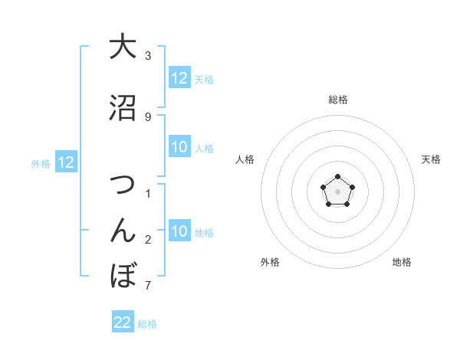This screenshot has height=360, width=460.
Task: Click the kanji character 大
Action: point(123,47)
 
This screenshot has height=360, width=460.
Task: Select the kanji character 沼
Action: point(123,108)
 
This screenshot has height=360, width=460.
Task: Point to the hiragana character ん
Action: point(123,230)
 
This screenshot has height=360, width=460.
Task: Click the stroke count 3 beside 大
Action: point(148,56)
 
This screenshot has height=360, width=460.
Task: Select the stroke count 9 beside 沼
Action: point(148,116)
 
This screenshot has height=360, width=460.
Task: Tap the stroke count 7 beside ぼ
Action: point(148,286)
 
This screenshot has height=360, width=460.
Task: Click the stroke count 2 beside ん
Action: point(148,240)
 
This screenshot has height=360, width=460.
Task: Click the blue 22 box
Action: point(123,322)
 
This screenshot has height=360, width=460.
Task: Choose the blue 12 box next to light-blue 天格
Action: point(179,78)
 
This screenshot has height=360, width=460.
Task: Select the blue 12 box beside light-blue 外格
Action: point(65,162)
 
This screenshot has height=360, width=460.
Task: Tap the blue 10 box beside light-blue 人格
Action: point(179,148)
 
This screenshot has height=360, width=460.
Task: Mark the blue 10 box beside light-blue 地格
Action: point(179,232)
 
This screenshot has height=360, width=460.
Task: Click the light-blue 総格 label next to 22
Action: point(147,324)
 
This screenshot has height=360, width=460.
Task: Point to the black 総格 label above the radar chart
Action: point(338,100)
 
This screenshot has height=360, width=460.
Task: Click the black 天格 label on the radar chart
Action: point(432,159)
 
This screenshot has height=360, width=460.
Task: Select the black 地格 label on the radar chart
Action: point(402,262)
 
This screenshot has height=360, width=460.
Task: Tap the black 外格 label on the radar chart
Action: point(270,262)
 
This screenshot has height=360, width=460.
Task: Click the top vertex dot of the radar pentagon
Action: point(337,178)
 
